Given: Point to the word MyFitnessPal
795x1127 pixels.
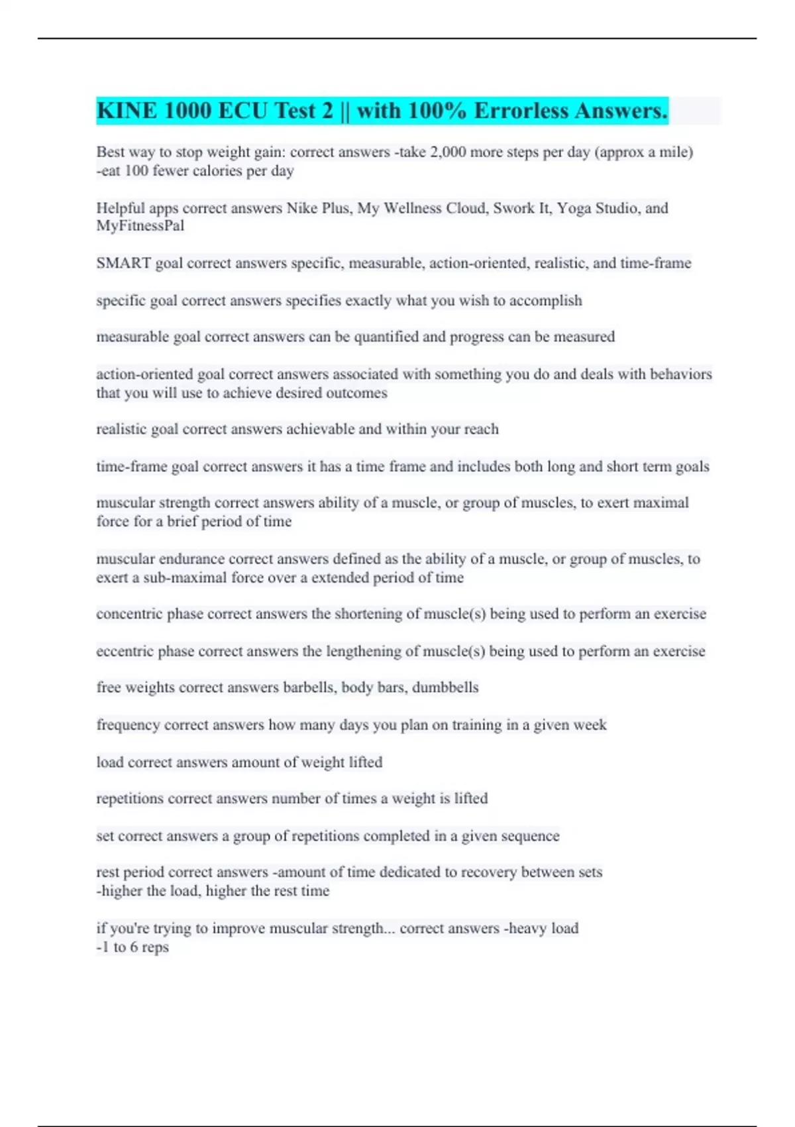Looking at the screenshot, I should click(x=140, y=226).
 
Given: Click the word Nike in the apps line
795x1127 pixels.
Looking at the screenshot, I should click(x=302, y=208).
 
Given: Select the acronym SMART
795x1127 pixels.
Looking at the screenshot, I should click(x=124, y=263).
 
